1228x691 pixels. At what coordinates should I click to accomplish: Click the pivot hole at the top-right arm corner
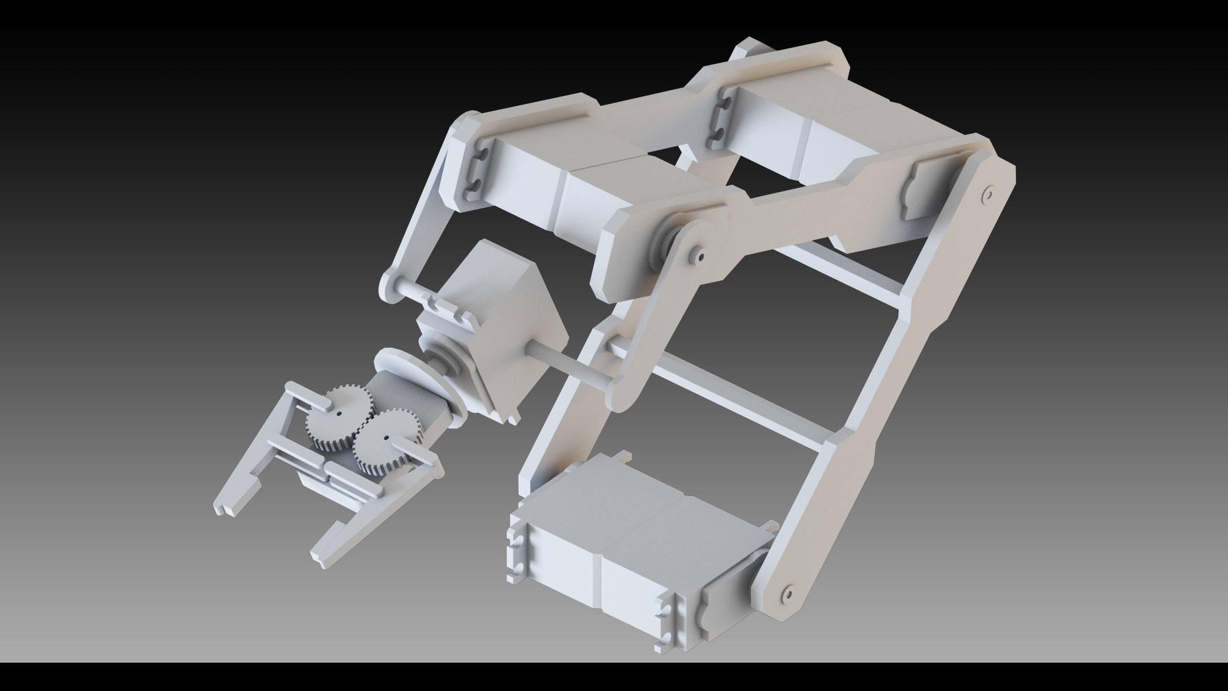pos(987,194)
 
